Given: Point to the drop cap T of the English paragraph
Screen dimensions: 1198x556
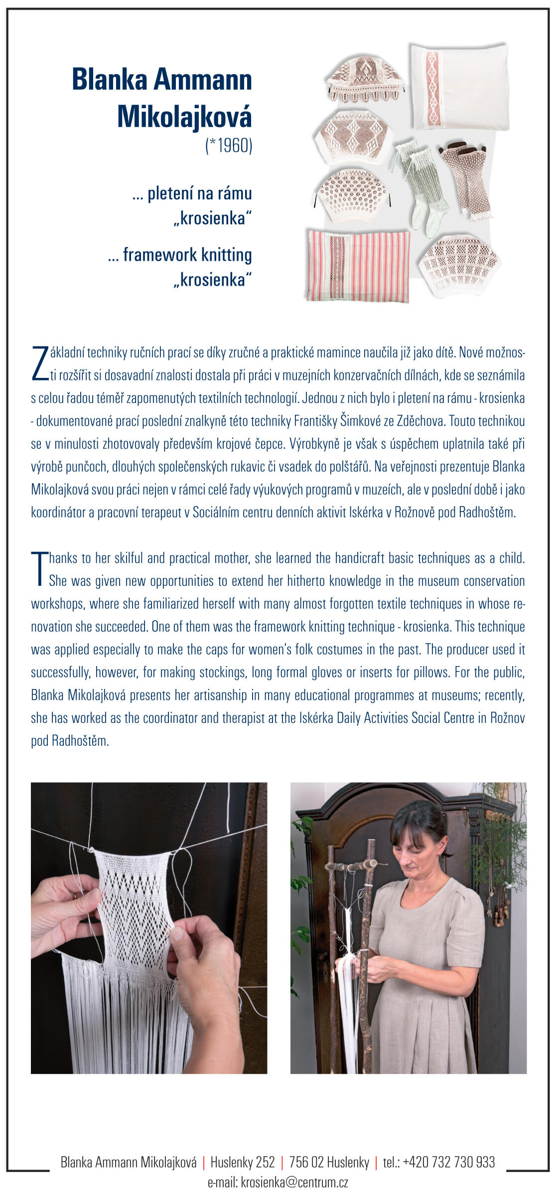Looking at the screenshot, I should (38, 568).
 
